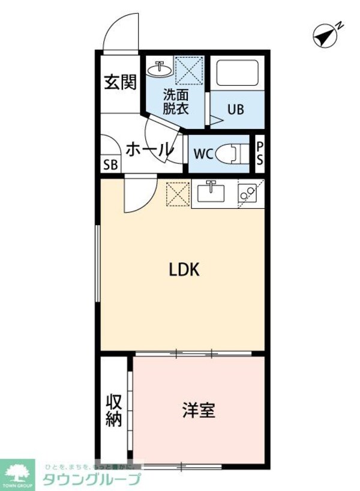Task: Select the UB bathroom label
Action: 235,110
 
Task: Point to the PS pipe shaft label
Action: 260,154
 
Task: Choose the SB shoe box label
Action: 111,166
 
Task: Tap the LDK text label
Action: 183,271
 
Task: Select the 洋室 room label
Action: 199,411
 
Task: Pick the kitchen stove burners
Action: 246,193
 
